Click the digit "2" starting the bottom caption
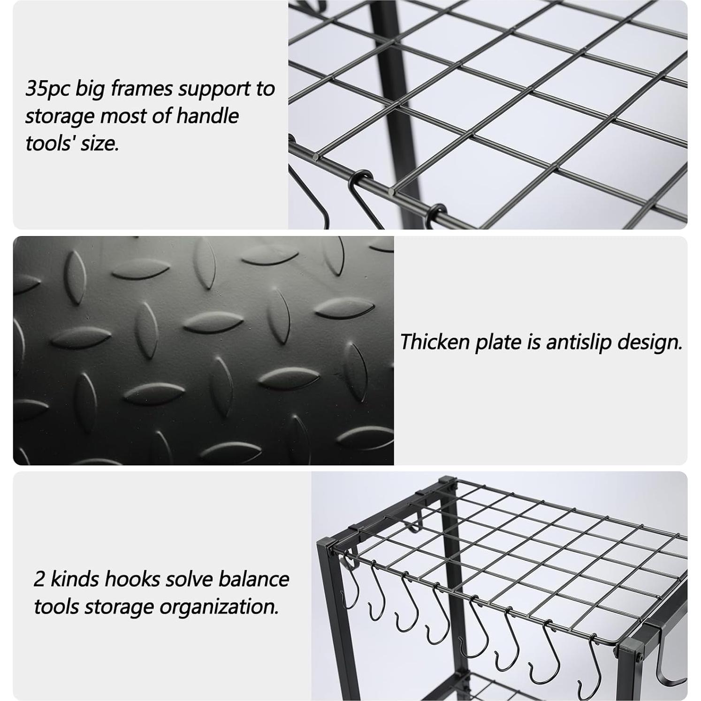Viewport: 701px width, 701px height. (x=39, y=579)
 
